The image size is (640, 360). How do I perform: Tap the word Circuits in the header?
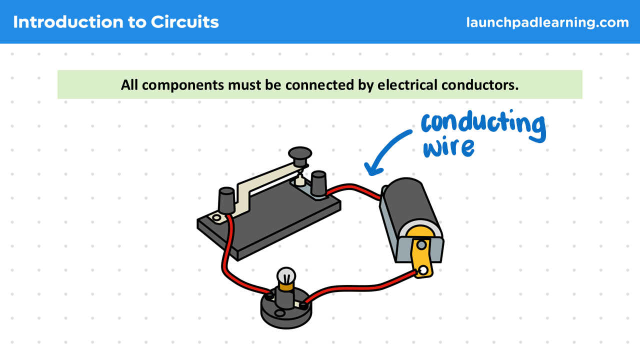click(185, 22)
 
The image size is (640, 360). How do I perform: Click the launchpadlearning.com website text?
click(547, 22)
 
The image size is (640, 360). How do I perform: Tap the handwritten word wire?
click(448, 147)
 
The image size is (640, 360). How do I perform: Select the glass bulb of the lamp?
click(286, 275)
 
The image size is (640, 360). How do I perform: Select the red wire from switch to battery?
click(355, 188)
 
